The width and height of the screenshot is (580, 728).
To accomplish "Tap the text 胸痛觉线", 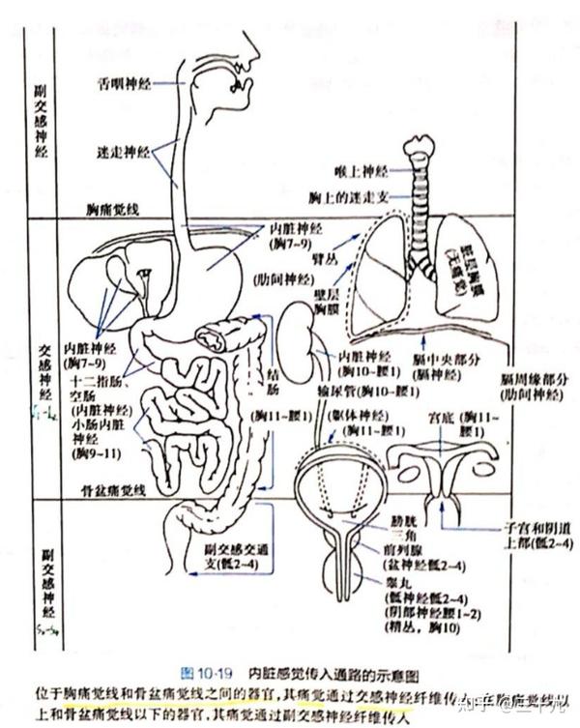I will (114, 209).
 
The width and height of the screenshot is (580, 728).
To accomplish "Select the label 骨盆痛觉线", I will (113, 491).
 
